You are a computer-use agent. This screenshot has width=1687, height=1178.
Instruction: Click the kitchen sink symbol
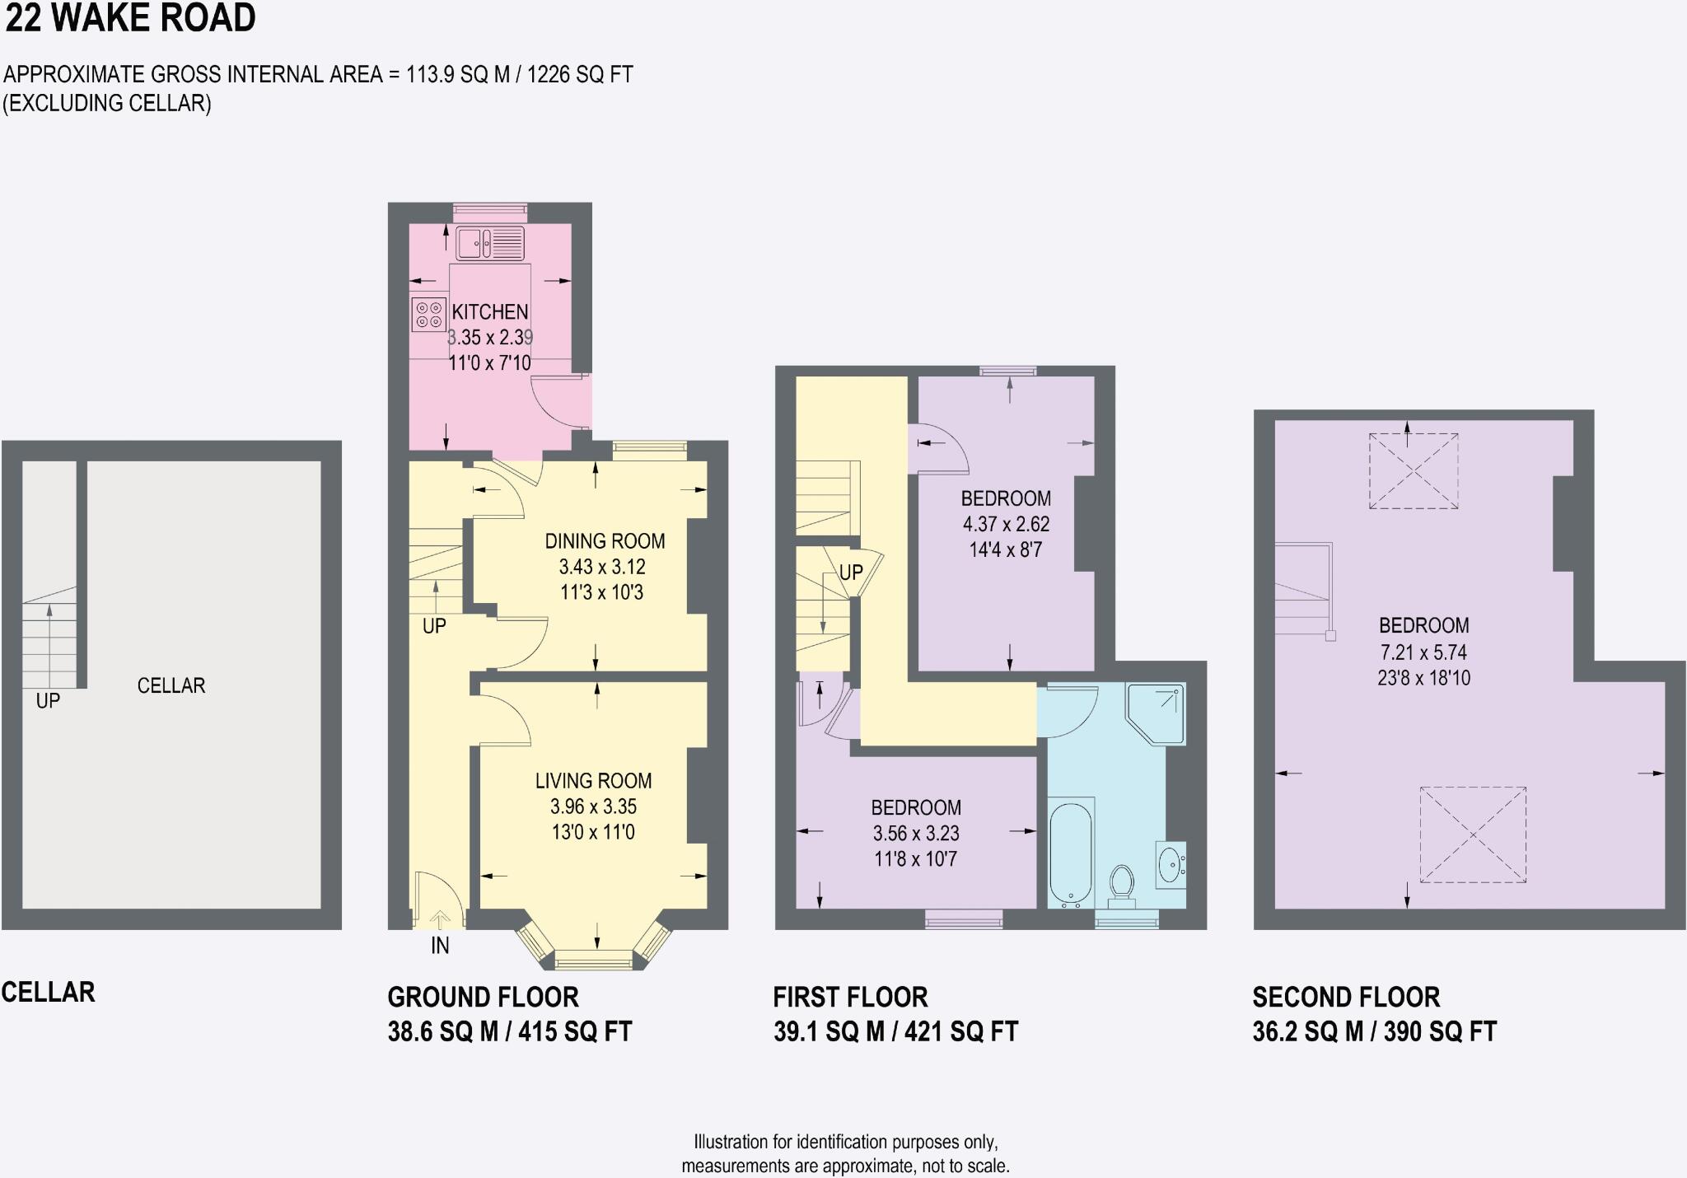[x=490, y=243]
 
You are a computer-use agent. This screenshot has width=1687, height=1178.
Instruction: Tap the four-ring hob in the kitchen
[x=428, y=314]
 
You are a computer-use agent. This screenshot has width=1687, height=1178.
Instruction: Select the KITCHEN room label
[x=490, y=312]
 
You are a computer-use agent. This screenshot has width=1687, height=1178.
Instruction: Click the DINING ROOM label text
[x=605, y=541]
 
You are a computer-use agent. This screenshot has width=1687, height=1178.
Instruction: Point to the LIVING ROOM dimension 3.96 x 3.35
[x=593, y=806]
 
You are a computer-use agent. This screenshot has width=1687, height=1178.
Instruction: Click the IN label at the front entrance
[x=440, y=946]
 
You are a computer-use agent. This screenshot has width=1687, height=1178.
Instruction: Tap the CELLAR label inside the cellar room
[x=171, y=685]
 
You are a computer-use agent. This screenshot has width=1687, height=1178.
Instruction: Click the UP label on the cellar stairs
[x=48, y=701]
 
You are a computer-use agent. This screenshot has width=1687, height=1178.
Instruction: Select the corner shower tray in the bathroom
[x=1157, y=712]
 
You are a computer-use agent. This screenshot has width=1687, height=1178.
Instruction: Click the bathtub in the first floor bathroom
[x=1071, y=853]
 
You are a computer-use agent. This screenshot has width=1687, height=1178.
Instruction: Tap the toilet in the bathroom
[x=1121, y=882]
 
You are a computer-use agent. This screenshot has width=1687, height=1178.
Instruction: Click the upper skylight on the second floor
[x=1414, y=471]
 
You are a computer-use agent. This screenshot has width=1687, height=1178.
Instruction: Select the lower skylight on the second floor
[x=1473, y=834]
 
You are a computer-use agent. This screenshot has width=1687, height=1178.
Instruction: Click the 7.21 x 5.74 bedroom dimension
[x=1423, y=652]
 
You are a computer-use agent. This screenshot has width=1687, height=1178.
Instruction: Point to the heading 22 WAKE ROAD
[x=130, y=18]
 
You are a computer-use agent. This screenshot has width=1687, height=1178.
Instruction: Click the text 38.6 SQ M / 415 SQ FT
[x=509, y=1031]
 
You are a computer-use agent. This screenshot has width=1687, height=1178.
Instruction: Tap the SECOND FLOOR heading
[x=1346, y=997]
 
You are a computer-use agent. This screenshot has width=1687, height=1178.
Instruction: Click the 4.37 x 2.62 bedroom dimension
[x=1006, y=524]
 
